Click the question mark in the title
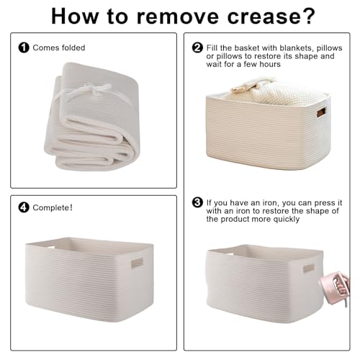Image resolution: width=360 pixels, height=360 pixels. pos(307,16)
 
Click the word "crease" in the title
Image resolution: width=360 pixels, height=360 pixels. pos(263,17)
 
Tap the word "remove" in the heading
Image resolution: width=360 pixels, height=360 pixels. pos(178,17)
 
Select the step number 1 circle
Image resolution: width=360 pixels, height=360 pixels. pos(24,48)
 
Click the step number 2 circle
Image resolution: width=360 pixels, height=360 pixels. pos(197,48)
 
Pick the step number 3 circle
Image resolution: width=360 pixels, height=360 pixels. pos(197,202)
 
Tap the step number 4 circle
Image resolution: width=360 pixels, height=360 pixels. pos(24,207)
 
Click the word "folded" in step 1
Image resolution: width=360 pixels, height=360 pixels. pos(73,48)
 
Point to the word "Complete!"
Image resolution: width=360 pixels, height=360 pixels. pos(53,208)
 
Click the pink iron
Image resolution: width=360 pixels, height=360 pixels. pos(335,288)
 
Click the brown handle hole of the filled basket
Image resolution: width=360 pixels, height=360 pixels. pos(321,112)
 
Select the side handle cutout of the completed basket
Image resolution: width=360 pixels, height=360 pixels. pos(137,263)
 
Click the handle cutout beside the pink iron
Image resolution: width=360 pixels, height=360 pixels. pos(309,268)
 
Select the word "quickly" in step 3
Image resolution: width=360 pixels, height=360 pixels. pos(287,220)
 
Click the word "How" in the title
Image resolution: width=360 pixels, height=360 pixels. pos(75,16)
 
